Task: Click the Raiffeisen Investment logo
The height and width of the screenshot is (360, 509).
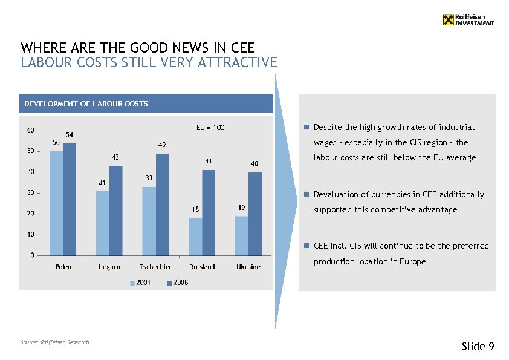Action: (x=468, y=20)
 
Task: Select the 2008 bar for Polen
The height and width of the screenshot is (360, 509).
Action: (x=70, y=199)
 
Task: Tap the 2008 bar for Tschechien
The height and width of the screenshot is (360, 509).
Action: (x=163, y=204)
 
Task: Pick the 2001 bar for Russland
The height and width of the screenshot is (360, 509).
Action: (x=195, y=237)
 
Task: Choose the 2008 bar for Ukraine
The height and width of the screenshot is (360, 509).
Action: (x=255, y=214)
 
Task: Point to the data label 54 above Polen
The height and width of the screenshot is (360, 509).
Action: (x=70, y=134)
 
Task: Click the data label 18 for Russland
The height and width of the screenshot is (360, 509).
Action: (x=195, y=209)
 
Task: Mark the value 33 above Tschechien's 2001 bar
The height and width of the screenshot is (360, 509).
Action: (x=149, y=178)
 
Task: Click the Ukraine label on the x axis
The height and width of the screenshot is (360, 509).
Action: (x=248, y=267)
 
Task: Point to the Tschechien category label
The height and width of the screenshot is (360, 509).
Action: (x=155, y=267)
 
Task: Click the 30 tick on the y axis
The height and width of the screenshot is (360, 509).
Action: (x=30, y=193)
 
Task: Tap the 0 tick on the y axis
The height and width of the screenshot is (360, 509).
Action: (x=32, y=255)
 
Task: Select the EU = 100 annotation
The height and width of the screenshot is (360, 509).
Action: (x=210, y=128)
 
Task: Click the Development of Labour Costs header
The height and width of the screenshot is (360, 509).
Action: (x=86, y=104)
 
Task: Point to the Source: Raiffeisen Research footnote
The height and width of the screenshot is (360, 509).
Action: (x=54, y=342)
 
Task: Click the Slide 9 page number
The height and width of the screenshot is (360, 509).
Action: (x=478, y=346)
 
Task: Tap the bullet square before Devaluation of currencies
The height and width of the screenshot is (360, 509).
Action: (x=306, y=194)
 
